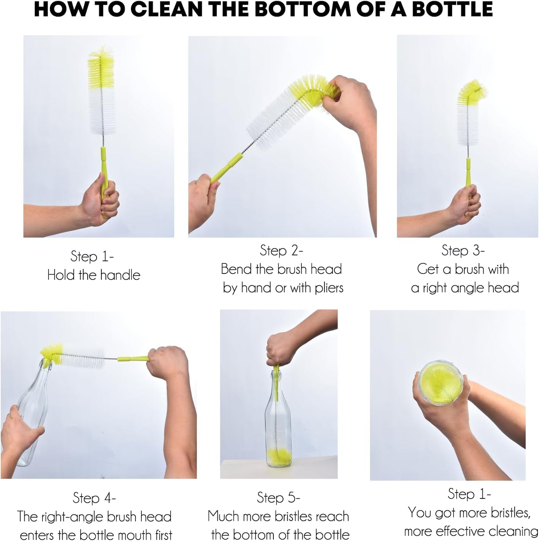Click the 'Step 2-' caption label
pyautogui.click(x=281, y=251)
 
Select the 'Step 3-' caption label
pyautogui.click(x=463, y=251)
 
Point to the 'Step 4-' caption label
pyautogui.click(x=94, y=498)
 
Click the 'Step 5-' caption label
pyautogui.click(x=278, y=498)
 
